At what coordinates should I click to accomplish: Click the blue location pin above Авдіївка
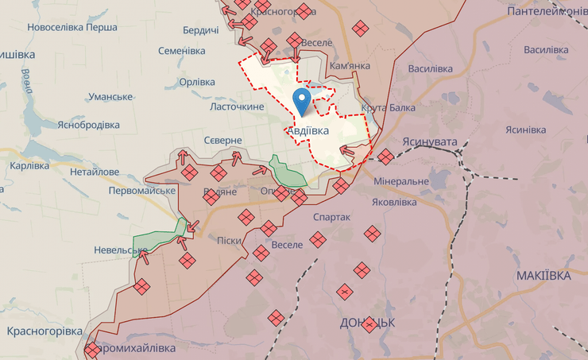[x=302, y=100]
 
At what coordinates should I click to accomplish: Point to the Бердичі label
[x=200, y=30]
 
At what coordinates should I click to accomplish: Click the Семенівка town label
[x=182, y=51]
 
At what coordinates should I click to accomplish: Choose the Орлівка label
[x=197, y=82]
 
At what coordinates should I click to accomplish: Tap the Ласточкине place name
[x=237, y=106]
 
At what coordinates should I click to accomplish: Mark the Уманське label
[x=110, y=97]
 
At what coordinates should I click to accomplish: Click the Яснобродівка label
[x=88, y=125]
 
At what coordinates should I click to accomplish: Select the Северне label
[x=222, y=140]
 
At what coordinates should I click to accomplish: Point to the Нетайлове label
[x=95, y=172]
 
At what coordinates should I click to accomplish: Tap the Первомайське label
[x=142, y=191]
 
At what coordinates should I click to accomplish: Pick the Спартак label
[x=332, y=216]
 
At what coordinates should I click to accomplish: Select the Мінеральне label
[x=401, y=181]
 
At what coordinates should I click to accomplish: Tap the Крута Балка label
[x=388, y=108]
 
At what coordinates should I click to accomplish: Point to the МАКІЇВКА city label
[x=543, y=275]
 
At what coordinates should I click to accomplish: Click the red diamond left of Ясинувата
[x=385, y=157]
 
